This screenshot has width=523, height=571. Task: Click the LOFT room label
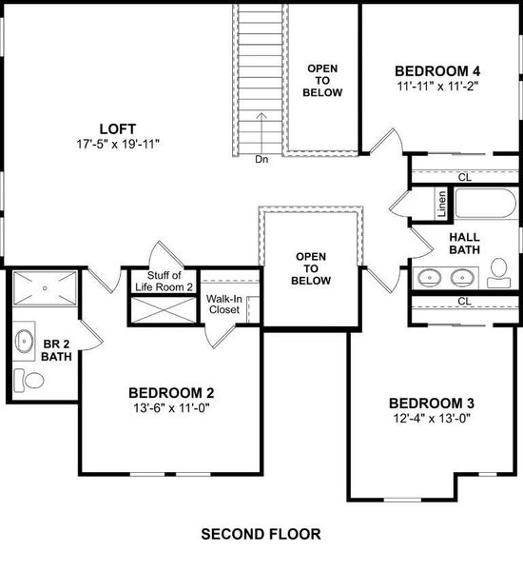(118, 128)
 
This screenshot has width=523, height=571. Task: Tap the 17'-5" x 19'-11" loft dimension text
(118, 145)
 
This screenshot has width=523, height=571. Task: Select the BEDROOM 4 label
(437, 69)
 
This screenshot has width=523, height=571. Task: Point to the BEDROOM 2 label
(171, 392)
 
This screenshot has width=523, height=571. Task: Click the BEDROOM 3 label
(432, 402)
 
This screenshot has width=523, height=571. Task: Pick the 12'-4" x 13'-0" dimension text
(432, 418)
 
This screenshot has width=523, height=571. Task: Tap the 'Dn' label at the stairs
(262, 160)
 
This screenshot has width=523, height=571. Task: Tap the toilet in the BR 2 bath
(33, 381)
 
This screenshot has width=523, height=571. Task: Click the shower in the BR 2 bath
(47, 286)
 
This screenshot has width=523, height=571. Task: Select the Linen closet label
(442, 203)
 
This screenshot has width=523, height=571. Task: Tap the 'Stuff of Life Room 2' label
(170, 281)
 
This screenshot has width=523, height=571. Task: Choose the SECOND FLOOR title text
(261, 534)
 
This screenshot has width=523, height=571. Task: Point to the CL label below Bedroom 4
(464, 177)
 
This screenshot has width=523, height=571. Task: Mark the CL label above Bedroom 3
(464, 302)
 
